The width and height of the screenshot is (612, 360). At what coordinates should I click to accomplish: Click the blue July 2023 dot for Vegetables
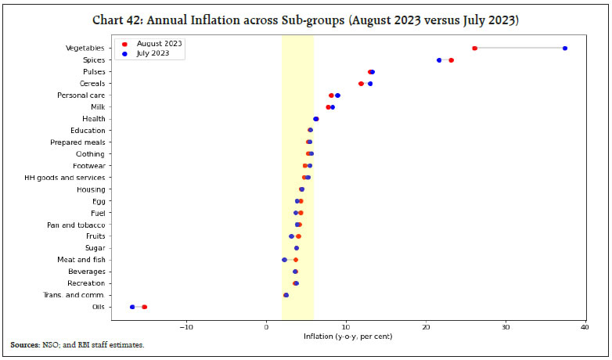[565, 49]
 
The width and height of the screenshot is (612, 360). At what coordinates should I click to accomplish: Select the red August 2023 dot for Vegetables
[474, 49]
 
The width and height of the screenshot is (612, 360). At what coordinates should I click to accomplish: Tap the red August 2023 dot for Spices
[451, 60]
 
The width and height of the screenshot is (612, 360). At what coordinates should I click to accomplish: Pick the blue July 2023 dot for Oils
[132, 307]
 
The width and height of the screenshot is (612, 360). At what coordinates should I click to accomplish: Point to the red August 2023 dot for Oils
[145, 307]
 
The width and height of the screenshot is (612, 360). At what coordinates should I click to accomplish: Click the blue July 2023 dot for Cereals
[370, 84]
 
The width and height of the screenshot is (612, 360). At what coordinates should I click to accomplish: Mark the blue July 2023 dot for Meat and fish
[284, 260]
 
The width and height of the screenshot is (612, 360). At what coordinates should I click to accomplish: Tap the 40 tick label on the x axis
[585, 326]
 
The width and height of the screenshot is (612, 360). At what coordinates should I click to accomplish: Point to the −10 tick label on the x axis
[185, 326]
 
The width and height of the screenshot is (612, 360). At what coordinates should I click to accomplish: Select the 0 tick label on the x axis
[266, 326]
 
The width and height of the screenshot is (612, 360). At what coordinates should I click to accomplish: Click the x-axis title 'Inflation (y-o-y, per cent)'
[347, 337]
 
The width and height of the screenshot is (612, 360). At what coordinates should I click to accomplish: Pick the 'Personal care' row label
[81, 95]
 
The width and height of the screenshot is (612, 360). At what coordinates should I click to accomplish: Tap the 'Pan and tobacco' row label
[76, 225]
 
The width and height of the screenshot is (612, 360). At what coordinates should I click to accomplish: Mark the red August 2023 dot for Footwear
[305, 166]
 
